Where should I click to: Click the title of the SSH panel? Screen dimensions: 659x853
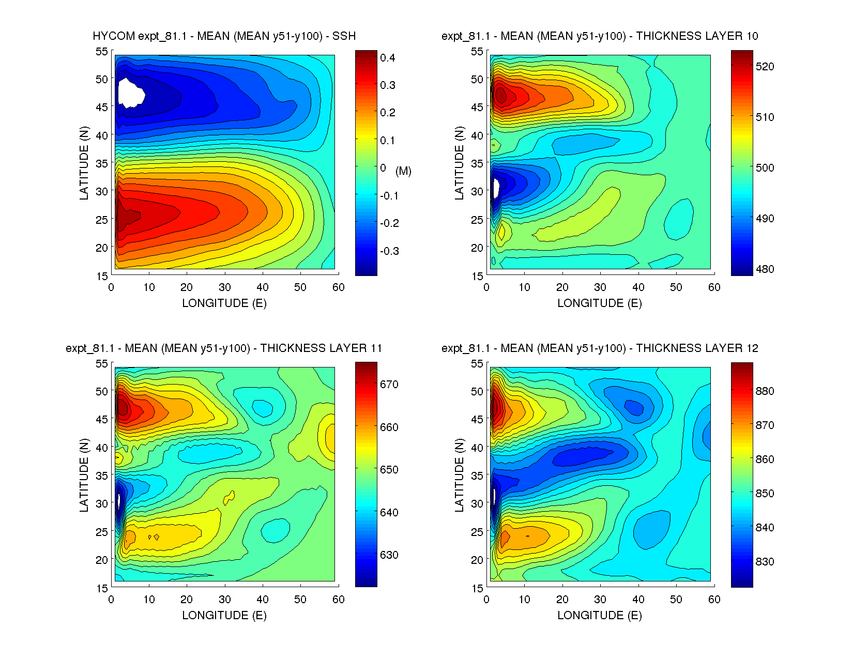point(224,36)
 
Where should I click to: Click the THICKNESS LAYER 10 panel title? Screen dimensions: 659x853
point(600,36)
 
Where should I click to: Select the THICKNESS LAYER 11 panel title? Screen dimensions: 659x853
point(224,348)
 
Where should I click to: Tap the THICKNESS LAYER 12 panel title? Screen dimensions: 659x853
point(600,348)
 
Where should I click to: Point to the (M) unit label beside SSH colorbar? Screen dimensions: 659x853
point(403,171)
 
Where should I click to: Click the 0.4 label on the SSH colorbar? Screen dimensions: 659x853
point(388,58)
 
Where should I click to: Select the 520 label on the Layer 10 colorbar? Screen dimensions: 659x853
point(765,67)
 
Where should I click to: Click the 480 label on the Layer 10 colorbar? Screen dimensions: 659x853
point(765,269)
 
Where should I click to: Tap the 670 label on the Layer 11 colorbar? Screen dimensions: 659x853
point(389,385)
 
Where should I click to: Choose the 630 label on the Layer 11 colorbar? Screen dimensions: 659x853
point(389,555)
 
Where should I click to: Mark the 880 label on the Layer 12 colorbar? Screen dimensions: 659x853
point(765,391)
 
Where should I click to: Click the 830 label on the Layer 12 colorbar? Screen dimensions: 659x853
point(765,562)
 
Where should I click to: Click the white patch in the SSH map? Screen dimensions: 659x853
point(130,93)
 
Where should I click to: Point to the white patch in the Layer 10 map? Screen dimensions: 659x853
point(495,188)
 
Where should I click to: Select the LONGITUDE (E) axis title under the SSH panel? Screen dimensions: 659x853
point(224,303)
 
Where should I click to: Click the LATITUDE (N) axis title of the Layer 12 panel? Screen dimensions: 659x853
point(459,476)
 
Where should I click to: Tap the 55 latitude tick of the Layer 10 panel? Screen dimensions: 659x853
point(477,51)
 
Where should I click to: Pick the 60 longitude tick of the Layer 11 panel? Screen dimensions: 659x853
point(339,600)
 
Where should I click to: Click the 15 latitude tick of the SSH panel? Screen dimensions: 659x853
point(102,276)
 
